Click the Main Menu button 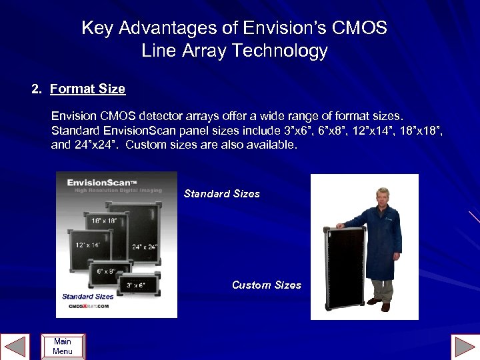pos(63,346)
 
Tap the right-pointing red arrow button pos(465,347)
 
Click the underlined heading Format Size pos(87,88)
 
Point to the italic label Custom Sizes pos(266,285)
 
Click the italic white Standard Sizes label pos(221,193)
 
